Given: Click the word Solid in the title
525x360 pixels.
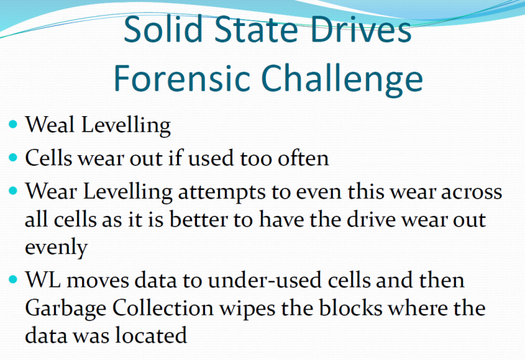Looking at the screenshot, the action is tap(163, 29).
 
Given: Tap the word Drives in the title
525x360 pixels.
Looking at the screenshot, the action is tap(360, 29).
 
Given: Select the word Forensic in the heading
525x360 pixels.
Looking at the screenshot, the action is tap(182, 78).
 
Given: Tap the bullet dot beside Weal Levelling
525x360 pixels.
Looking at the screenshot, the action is tap(13, 124).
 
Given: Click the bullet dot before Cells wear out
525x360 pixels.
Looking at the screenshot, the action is tap(13, 157).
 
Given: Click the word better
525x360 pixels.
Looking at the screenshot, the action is tap(198, 220).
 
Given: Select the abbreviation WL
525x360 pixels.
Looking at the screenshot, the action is tap(43, 279).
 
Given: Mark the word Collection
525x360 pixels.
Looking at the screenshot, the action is tap(163, 308).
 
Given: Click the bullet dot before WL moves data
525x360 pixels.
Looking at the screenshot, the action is tap(13, 279).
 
